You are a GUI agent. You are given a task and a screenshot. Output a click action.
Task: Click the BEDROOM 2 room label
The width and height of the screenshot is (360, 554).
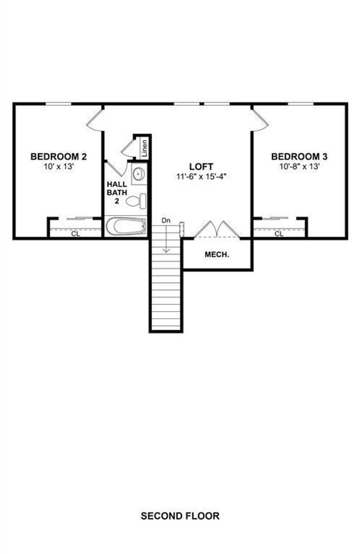point(58,156)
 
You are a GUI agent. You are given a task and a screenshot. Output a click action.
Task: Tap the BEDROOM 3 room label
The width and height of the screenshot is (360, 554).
point(299,156)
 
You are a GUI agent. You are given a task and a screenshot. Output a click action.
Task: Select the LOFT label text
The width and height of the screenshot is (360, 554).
point(201,167)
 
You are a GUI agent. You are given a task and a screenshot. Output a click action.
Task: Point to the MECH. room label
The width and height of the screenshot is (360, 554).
point(217,254)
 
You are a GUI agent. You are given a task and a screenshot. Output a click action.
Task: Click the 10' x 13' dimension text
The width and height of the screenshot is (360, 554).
point(58,167)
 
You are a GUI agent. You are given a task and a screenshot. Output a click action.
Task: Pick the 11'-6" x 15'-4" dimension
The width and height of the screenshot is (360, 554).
point(201,177)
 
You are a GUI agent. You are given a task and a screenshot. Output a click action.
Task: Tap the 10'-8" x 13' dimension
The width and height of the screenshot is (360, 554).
point(299,167)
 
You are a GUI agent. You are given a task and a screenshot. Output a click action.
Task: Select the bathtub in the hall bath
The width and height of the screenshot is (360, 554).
point(126,226)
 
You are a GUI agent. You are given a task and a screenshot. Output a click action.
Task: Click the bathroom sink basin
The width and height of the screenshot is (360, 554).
point(139,174)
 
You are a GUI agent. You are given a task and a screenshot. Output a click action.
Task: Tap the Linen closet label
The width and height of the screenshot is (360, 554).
point(145,148)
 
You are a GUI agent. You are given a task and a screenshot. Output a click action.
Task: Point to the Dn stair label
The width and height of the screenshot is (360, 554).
point(166,221)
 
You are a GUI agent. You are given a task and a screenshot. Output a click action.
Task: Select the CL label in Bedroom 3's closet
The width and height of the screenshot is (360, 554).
point(279,234)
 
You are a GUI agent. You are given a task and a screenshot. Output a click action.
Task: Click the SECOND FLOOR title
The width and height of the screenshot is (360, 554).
point(180,516)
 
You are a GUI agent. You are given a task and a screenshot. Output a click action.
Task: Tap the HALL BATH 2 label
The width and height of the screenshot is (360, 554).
point(117,193)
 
